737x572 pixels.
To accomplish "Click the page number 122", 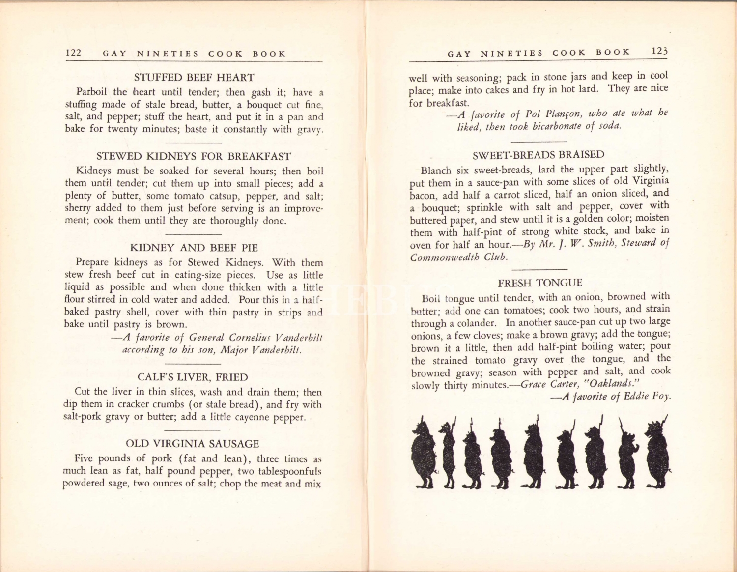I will click(x=73, y=53).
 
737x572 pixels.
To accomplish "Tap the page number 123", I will click(x=659, y=51).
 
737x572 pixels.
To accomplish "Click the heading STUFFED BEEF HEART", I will click(x=194, y=77).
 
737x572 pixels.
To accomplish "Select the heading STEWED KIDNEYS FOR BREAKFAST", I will click(x=194, y=156).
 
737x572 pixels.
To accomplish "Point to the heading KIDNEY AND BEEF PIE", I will click(x=194, y=248).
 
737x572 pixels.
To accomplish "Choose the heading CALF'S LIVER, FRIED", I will click(x=193, y=377).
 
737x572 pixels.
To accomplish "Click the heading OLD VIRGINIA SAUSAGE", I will click(x=193, y=444).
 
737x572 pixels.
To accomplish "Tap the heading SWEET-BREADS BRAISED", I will click(x=538, y=155).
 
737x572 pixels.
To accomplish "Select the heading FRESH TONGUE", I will click(x=539, y=283).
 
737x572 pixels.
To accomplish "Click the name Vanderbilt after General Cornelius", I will click(x=299, y=338).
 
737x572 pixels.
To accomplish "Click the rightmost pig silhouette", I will click(x=658, y=452).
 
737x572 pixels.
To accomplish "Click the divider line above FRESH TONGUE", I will click(x=539, y=269).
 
